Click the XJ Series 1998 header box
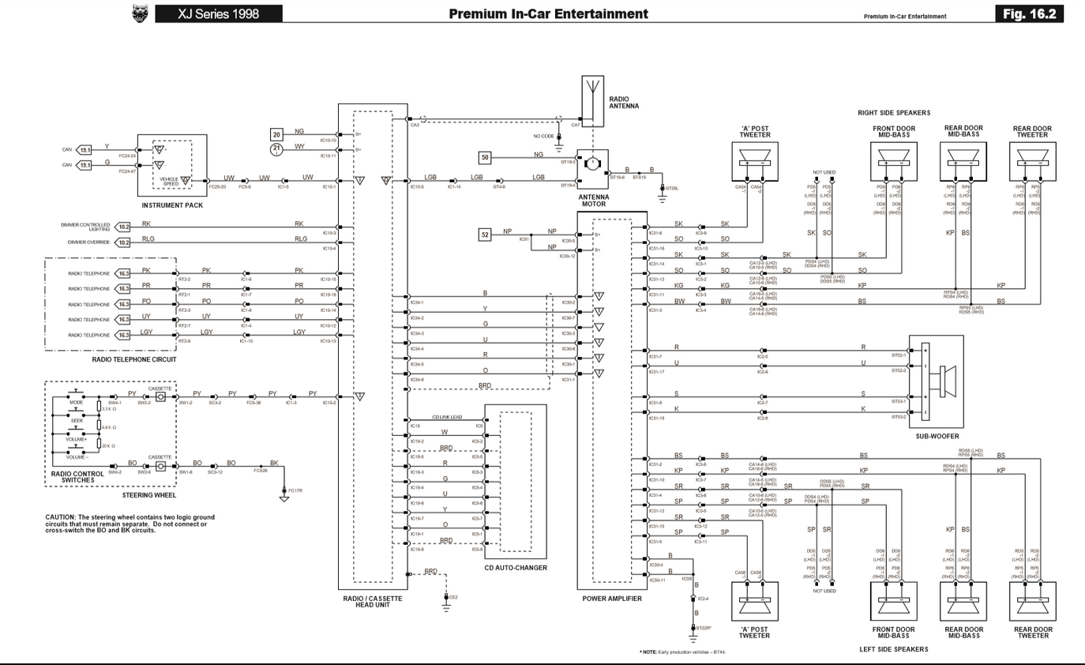218,13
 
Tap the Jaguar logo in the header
141,13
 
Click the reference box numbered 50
485,158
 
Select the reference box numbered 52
485,235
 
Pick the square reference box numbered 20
276,134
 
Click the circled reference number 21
276,148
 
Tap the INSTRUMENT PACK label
172,205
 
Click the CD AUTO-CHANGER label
516,568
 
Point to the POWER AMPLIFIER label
612,599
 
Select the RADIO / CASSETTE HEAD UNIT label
372,602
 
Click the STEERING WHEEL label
149,495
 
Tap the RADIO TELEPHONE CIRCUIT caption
134,359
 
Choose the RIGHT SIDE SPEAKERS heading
894,113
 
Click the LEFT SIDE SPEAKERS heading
894,649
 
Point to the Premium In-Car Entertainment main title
548,13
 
